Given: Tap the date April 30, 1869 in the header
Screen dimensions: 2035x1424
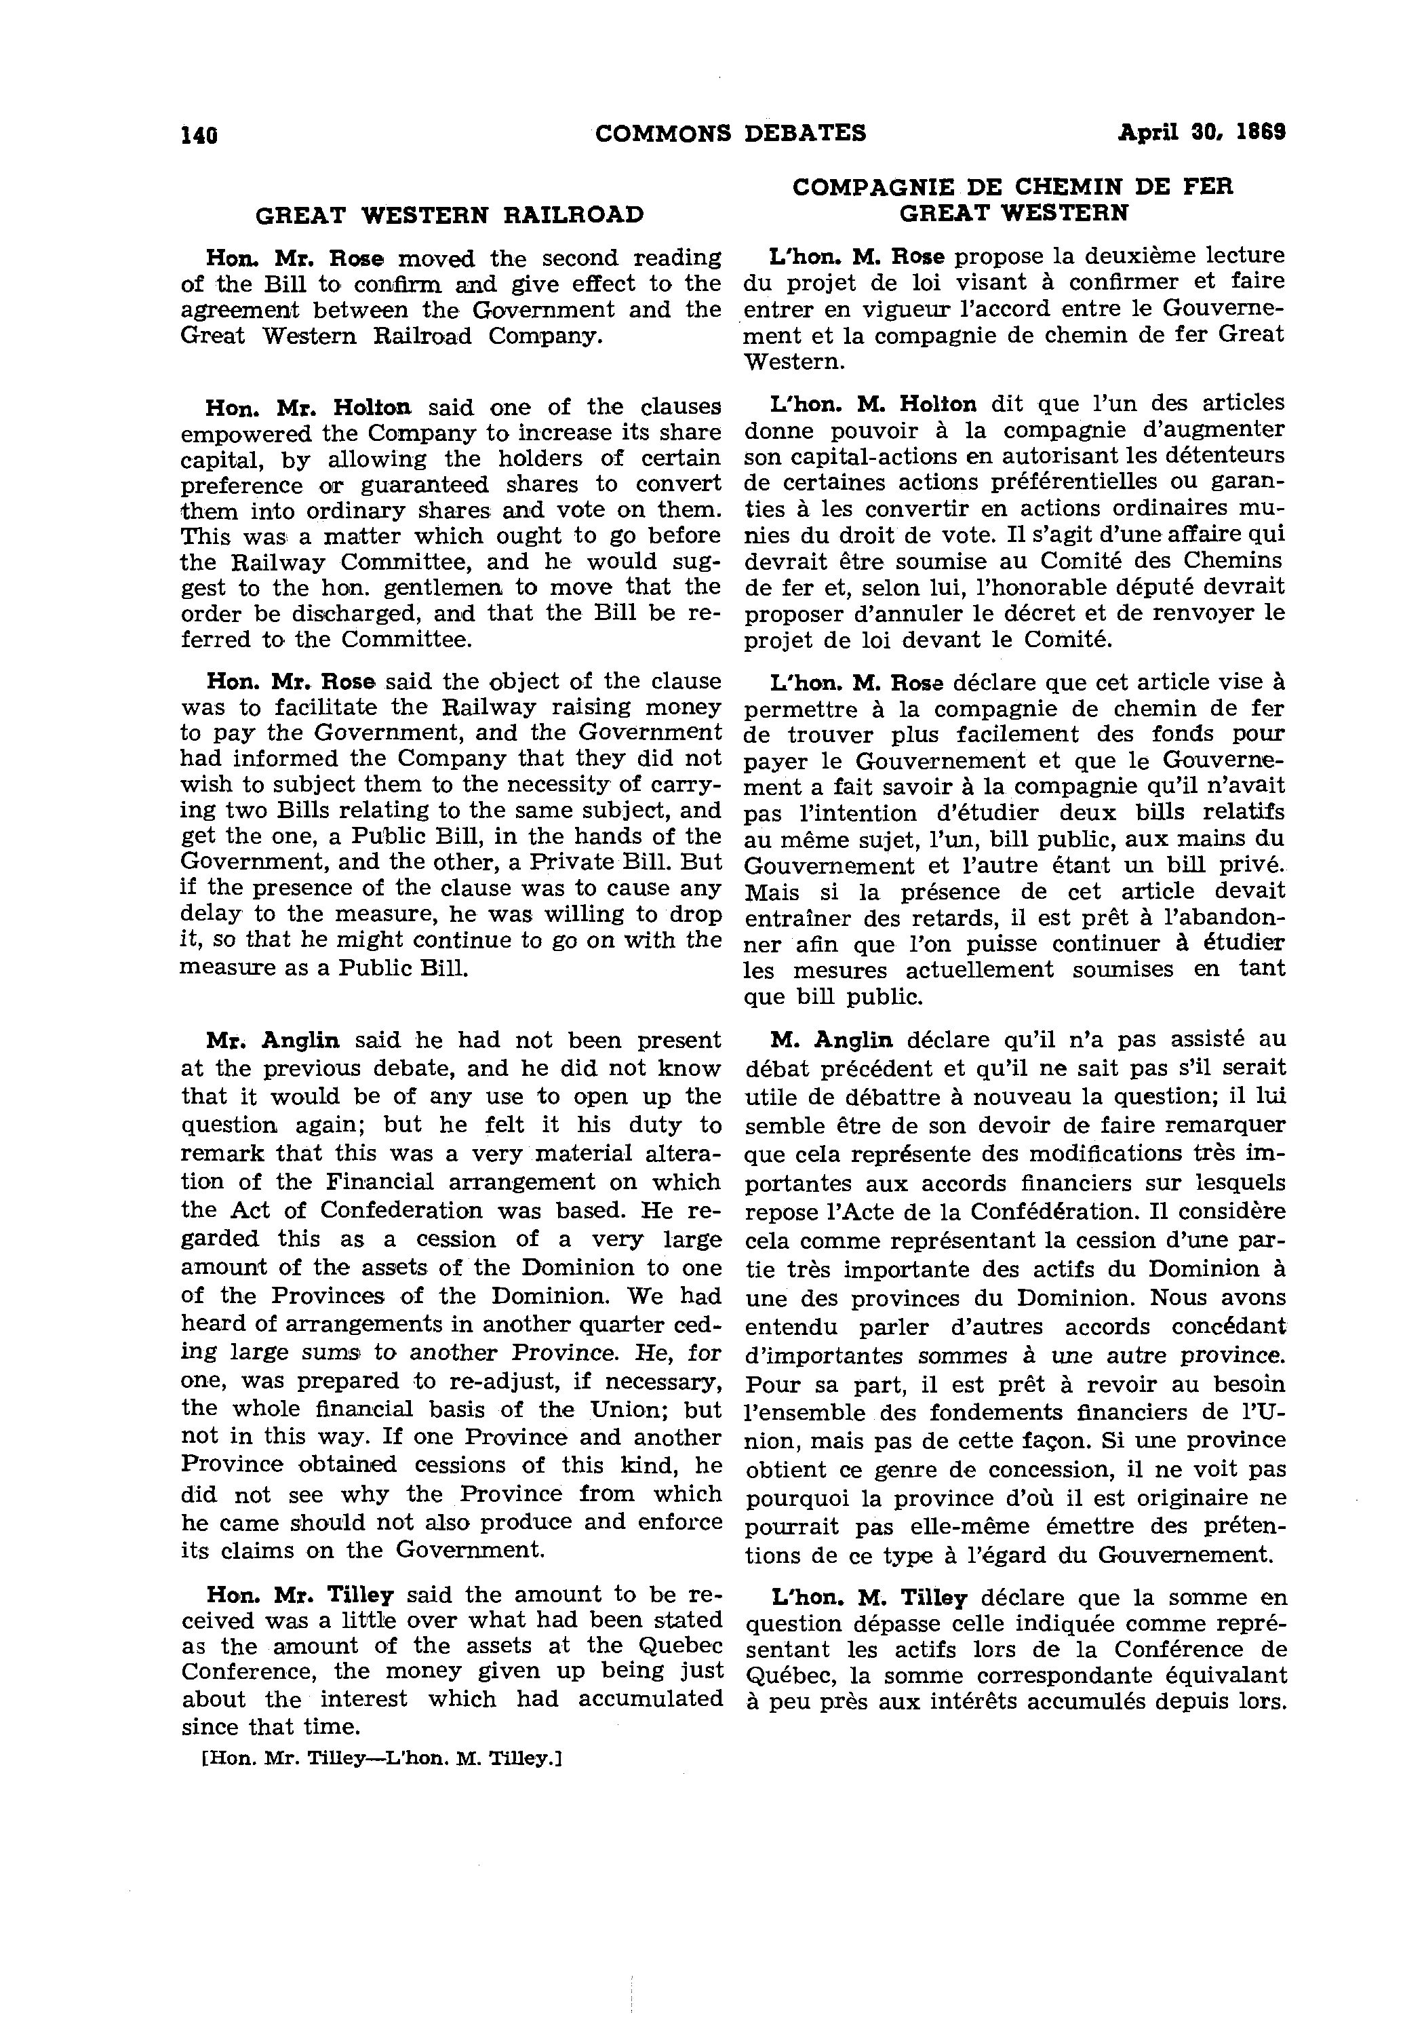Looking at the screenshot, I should (x=1201, y=132).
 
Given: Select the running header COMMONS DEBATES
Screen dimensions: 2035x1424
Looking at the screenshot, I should (x=730, y=133).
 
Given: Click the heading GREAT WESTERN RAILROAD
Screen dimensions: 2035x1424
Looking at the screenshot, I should (x=450, y=216).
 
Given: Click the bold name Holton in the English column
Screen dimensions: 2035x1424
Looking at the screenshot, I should (x=372, y=408).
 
